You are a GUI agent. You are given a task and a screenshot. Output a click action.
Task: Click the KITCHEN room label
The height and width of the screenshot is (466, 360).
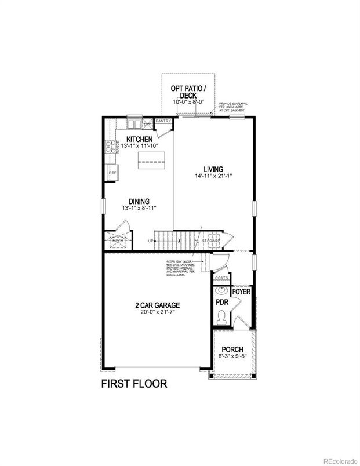(139, 139)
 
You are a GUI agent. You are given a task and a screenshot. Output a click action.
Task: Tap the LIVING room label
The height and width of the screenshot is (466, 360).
(214, 169)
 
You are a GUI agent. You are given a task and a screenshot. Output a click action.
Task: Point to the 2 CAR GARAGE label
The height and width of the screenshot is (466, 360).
(158, 305)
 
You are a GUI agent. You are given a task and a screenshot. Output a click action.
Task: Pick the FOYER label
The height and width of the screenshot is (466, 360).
(241, 292)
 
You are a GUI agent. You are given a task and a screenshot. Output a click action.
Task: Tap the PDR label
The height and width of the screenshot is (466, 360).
(221, 303)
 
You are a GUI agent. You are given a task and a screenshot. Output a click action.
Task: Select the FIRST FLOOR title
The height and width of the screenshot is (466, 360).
(134, 384)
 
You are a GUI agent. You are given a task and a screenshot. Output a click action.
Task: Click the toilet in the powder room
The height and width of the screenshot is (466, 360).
(221, 318)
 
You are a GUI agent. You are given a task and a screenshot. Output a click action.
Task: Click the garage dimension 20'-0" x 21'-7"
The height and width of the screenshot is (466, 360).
(158, 312)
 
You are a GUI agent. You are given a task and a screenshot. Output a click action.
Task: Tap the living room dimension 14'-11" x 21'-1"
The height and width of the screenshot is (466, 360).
(214, 176)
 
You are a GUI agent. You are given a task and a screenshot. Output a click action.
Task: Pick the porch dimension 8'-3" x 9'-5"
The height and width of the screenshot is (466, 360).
(232, 358)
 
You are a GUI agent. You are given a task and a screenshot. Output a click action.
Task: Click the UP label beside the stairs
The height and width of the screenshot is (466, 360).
(151, 241)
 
